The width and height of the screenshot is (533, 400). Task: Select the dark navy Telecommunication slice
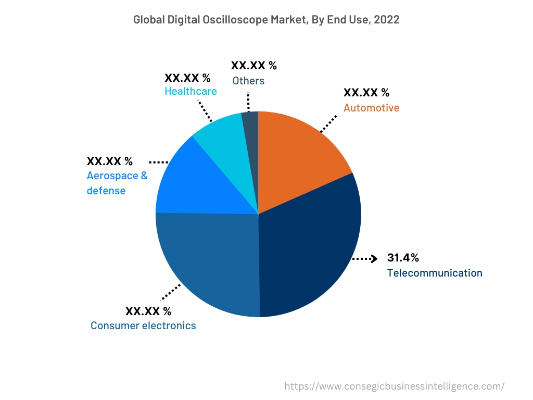coord(312,245)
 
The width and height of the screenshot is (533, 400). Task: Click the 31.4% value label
coord(403,258)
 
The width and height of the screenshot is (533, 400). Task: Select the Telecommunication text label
coord(434,273)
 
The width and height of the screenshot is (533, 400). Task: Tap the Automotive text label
coord(371,108)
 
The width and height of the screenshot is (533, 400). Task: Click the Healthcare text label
coord(191,91)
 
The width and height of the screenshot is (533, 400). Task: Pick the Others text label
coord(248,81)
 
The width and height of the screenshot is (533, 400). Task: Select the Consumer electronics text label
coord(143,326)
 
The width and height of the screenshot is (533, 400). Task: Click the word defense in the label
coord(106,191)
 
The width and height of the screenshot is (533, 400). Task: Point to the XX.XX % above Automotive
coord(366,93)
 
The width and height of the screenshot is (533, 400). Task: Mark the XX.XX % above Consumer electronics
coord(148,311)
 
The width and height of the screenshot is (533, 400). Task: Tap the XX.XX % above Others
coord(253,66)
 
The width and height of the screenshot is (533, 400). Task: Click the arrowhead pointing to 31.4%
coord(373,258)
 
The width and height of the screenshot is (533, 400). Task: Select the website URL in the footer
coord(395,386)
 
